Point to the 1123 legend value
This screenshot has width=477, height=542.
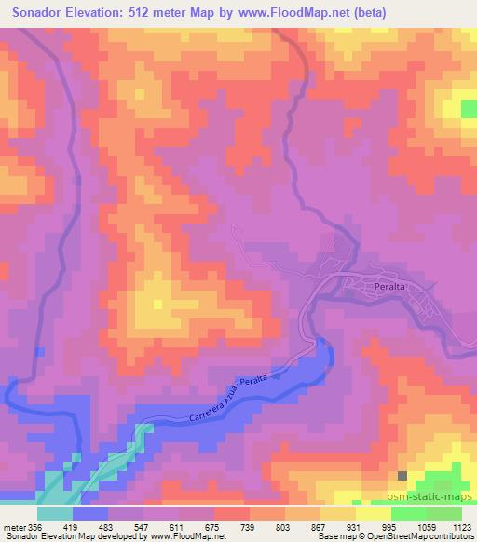460,527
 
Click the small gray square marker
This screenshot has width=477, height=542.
402,475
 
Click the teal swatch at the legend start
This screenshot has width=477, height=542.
54,513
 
